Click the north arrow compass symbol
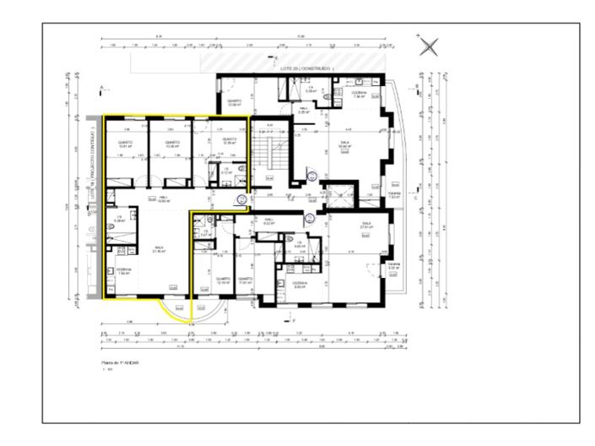430,46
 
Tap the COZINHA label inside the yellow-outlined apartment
123,272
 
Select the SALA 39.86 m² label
344,144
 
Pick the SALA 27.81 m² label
366,226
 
